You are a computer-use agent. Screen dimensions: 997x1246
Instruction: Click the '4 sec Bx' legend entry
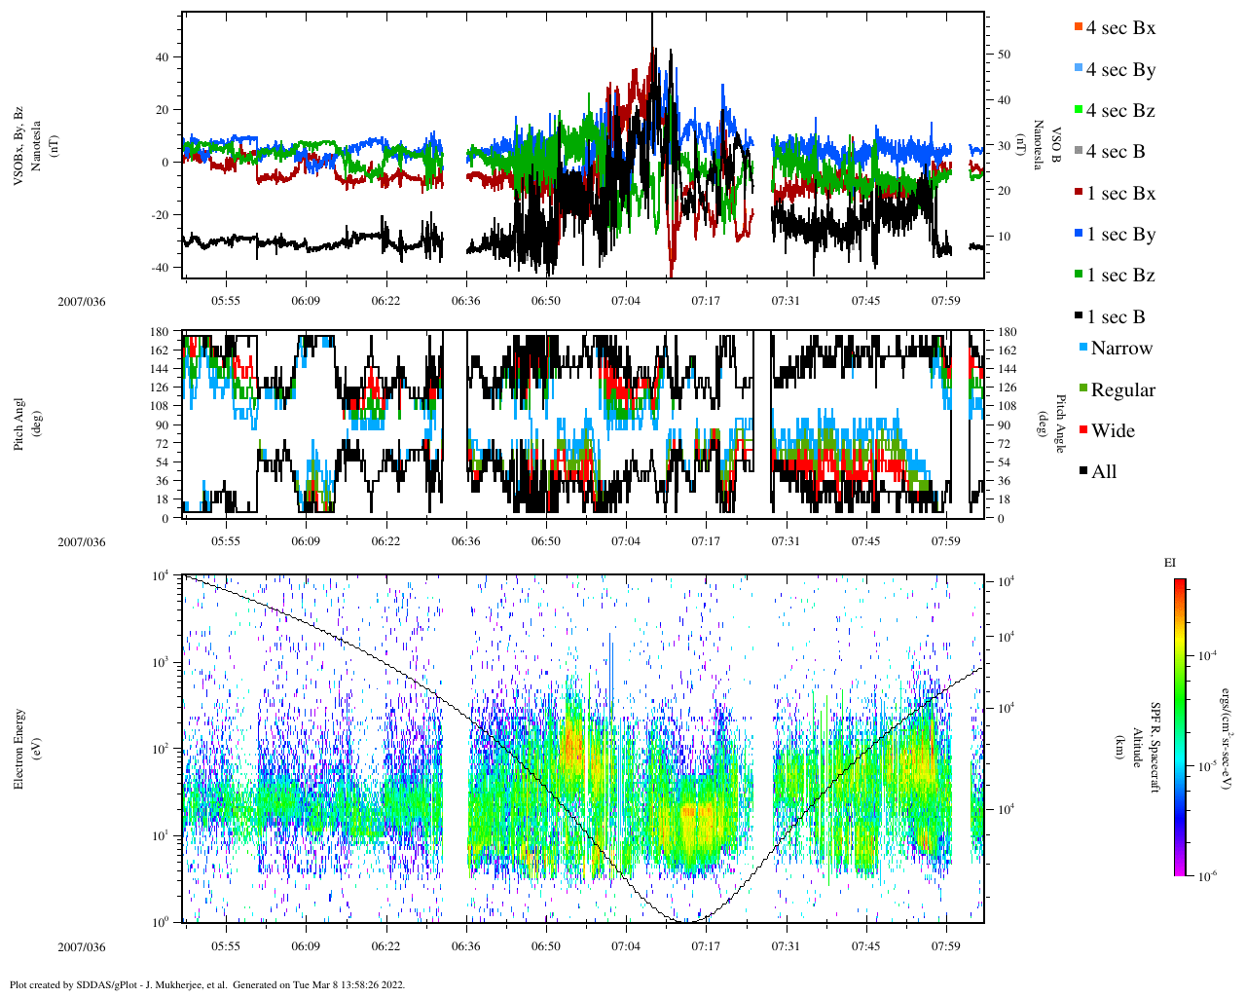coord(1119,28)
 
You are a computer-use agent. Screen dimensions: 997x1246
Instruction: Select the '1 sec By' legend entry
coord(1120,235)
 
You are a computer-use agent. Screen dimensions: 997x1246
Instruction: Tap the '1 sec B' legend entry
coord(1116,317)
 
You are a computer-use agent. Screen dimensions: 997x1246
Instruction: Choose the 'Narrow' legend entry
coord(1120,349)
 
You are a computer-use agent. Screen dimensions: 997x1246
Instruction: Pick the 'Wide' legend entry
coord(1112,431)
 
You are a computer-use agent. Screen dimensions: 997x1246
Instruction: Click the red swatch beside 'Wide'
coord(1083,430)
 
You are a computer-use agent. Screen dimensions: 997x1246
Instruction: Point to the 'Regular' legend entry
coord(1122,390)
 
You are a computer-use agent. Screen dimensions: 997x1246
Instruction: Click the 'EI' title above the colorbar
coord(1170,563)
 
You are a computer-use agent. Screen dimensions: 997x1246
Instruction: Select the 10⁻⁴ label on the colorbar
coord(1205,655)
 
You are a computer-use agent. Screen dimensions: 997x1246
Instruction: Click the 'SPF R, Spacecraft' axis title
coord(1155,748)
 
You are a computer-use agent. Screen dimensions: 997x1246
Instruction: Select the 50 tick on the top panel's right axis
coord(1004,55)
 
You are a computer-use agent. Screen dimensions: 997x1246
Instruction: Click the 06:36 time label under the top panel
coord(466,301)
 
